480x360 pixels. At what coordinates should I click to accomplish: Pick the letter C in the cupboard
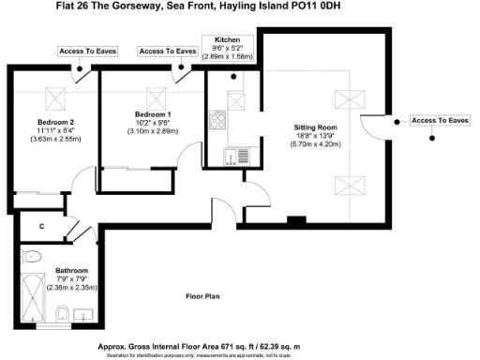(42, 226)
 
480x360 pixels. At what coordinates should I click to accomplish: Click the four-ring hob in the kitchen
(217, 119)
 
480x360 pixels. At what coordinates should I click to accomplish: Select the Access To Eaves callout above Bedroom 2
(86, 51)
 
